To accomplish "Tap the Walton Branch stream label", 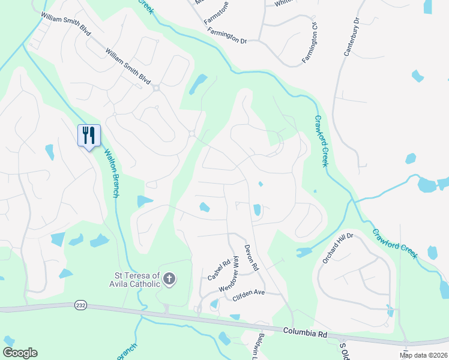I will click(111, 173).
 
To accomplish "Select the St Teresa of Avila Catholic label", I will click(133, 280).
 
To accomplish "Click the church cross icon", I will click(170, 278).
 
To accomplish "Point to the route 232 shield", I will click(80, 305).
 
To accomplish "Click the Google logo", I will click(20, 353).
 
